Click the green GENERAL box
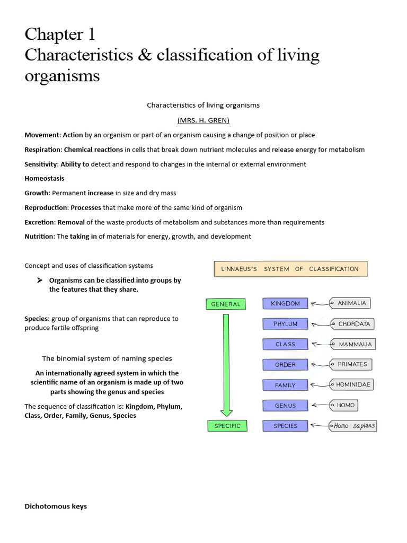coord(225,304)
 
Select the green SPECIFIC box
coord(227,426)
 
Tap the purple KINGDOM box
coord(285,304)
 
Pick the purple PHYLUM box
coord(285,324)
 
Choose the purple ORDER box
coord(285,365)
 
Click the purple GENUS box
coord(285,406)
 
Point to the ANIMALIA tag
coord(350,303)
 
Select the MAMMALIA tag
coord(353,344)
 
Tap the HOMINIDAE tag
coord(352,384)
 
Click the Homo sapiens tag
coord(353,426)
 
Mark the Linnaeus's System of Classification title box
coord(290,269)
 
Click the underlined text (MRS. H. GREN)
coord(203,120)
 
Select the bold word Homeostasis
coord(45,179)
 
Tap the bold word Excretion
coord(40,222)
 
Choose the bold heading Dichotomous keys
coord(56,506)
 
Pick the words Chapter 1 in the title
coord(60,35)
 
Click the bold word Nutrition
coord(39,237)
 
